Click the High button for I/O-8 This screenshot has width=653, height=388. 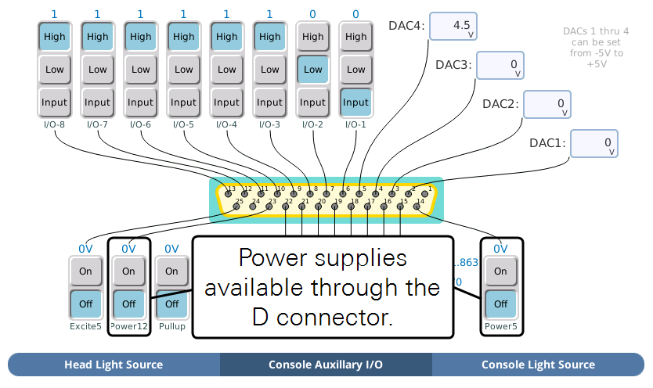point(55,37)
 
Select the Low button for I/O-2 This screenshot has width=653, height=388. point(312,70)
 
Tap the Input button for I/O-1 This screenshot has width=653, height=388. point(355,102)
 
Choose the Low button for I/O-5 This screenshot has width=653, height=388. point(184,70)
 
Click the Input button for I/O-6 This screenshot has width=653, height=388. point(141,102)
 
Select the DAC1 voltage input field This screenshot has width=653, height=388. point(593,144)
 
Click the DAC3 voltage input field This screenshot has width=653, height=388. point(500,66)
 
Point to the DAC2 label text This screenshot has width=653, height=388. point(500,104)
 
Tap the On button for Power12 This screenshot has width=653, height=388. point(128,271)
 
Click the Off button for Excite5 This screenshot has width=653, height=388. point(85,304)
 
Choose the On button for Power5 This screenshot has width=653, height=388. point(500,271)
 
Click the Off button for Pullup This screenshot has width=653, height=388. point(171,304)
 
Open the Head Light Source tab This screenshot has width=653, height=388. point(114,365)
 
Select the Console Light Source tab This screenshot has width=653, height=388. point(538,365)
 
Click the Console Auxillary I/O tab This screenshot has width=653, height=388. point(326,365)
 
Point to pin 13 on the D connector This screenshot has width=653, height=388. point(229,192)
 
